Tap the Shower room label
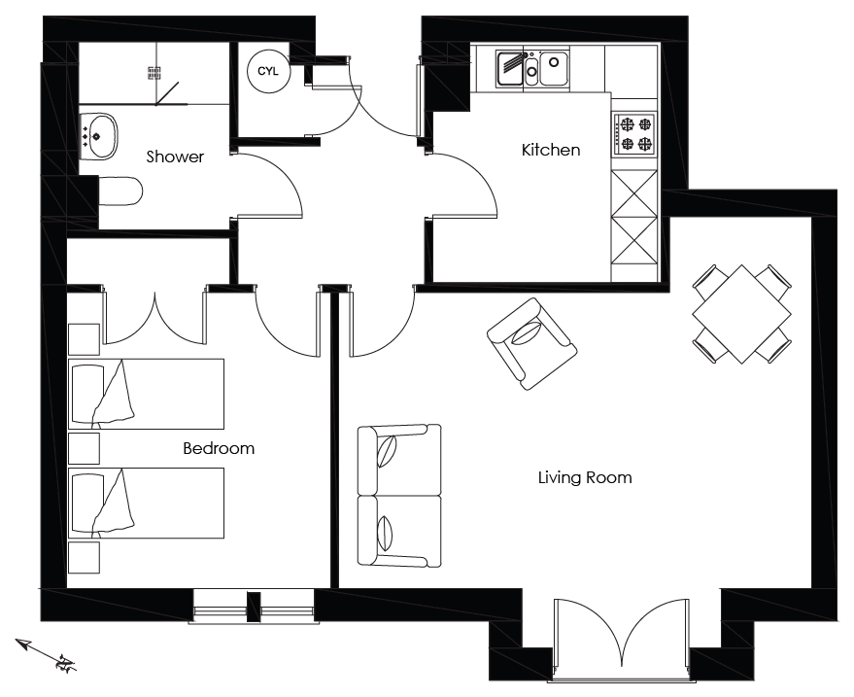tap(175, 157)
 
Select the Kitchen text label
tap(551, 150)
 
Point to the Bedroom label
tap(219, 448)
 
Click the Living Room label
tap(585, 478)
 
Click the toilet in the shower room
tap(120, 191)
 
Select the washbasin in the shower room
tap(98, 136)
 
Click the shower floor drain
tap(154, 73)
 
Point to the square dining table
tap(742, 314)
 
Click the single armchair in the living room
tap(531, 343)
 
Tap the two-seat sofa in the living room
tap(399, 496)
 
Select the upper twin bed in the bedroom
tap(146, 394)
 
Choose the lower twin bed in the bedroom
tap(146, 503)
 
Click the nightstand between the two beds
tap(84, 448)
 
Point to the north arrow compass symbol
tap(46, 653)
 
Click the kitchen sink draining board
tap(510, 69)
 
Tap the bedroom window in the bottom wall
tap(254, 606)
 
